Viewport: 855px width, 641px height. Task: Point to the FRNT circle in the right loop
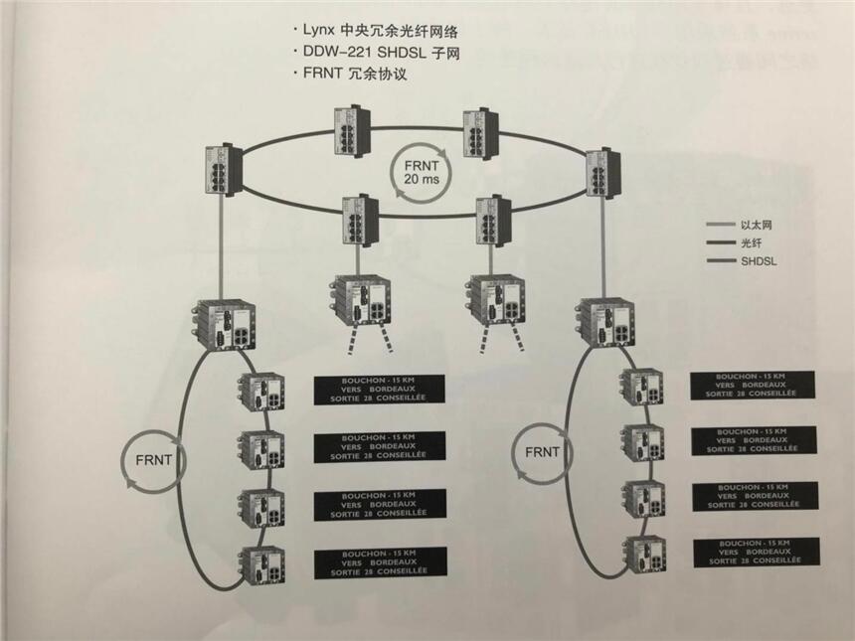pos(541,452)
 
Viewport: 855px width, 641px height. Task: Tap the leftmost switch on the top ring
pos(220,172)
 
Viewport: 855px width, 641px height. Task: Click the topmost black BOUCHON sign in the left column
pos(378,390)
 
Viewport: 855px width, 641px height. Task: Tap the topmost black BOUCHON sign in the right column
pos(753,385)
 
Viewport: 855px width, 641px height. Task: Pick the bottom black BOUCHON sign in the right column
pos(757,552)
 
